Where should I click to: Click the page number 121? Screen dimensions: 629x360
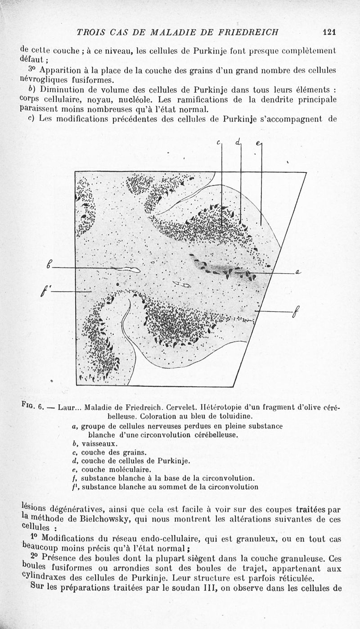(330, 32)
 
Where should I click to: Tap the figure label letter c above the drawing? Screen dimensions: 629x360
(218, 143)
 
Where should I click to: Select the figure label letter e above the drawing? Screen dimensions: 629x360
(258, 144)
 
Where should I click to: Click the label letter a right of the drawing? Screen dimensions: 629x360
(298, 272)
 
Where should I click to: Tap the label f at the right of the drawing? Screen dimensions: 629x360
(295, 311)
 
